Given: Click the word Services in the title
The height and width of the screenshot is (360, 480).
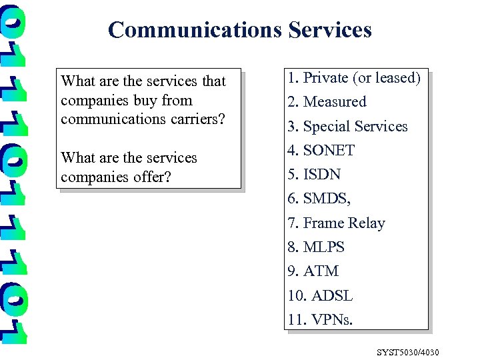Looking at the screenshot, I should coord(330,30).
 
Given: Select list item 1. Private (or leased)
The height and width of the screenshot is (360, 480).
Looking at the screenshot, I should coord(354,78).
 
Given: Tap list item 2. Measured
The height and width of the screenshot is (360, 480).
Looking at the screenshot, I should coord(327,102).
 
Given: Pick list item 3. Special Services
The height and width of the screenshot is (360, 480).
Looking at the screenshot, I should coord(347,127).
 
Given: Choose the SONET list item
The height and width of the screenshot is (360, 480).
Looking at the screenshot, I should coord(321,151).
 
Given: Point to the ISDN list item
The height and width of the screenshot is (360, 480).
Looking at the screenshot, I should coord(314,175).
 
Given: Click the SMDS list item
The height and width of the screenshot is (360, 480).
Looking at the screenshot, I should coord(319,199).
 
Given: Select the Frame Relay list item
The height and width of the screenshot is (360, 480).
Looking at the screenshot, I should coord(336,223).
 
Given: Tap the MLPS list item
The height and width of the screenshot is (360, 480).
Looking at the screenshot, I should coord(316,247).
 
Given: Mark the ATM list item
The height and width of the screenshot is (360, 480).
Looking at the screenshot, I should coord(313,271).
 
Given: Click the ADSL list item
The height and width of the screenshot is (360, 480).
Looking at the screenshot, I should coord(320,296).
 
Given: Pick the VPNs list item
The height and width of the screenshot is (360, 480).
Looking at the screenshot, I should coord(320,320).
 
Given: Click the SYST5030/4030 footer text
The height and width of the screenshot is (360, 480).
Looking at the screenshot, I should coord(408,352).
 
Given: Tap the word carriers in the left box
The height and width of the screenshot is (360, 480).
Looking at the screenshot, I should coord(194,120).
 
